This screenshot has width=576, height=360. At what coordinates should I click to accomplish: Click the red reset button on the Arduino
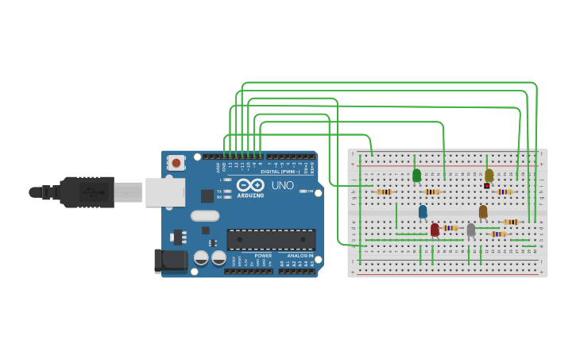click(176, 163)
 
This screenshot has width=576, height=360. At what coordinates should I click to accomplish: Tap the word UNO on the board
click(284, 185)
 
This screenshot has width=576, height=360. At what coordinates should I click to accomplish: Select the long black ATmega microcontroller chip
click(270, 239)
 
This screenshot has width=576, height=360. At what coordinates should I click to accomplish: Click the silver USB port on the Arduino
click(164, 192)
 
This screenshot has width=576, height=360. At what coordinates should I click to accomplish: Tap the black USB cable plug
click(87, 192)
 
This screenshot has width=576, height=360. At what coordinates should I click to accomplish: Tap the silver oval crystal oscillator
click(204, 215)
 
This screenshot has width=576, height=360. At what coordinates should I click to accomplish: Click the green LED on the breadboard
click(416, 175)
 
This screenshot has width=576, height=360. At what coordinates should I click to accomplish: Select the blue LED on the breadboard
click(423, 211)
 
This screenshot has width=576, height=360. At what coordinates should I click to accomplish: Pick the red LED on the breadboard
click(435, 229)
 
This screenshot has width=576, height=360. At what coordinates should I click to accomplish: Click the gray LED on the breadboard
click(470, 230)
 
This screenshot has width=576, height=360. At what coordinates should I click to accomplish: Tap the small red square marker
click(487, 186)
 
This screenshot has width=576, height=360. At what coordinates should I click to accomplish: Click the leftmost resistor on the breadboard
click(385, 192)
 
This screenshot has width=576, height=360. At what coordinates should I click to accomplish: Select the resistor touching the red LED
click(450, 228)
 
